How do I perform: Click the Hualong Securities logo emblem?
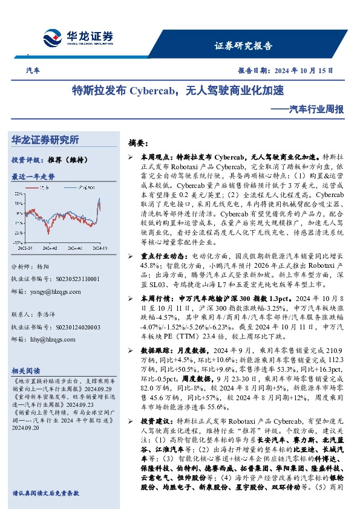coord(54,37)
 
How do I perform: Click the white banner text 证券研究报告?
coord(243,46)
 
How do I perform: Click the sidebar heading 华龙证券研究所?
coord(45,140)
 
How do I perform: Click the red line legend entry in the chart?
coord(42,189)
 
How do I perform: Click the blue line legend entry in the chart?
coord(79,189)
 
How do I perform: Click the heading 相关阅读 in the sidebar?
coord(25,371)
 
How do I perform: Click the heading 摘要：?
coord(138,144)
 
